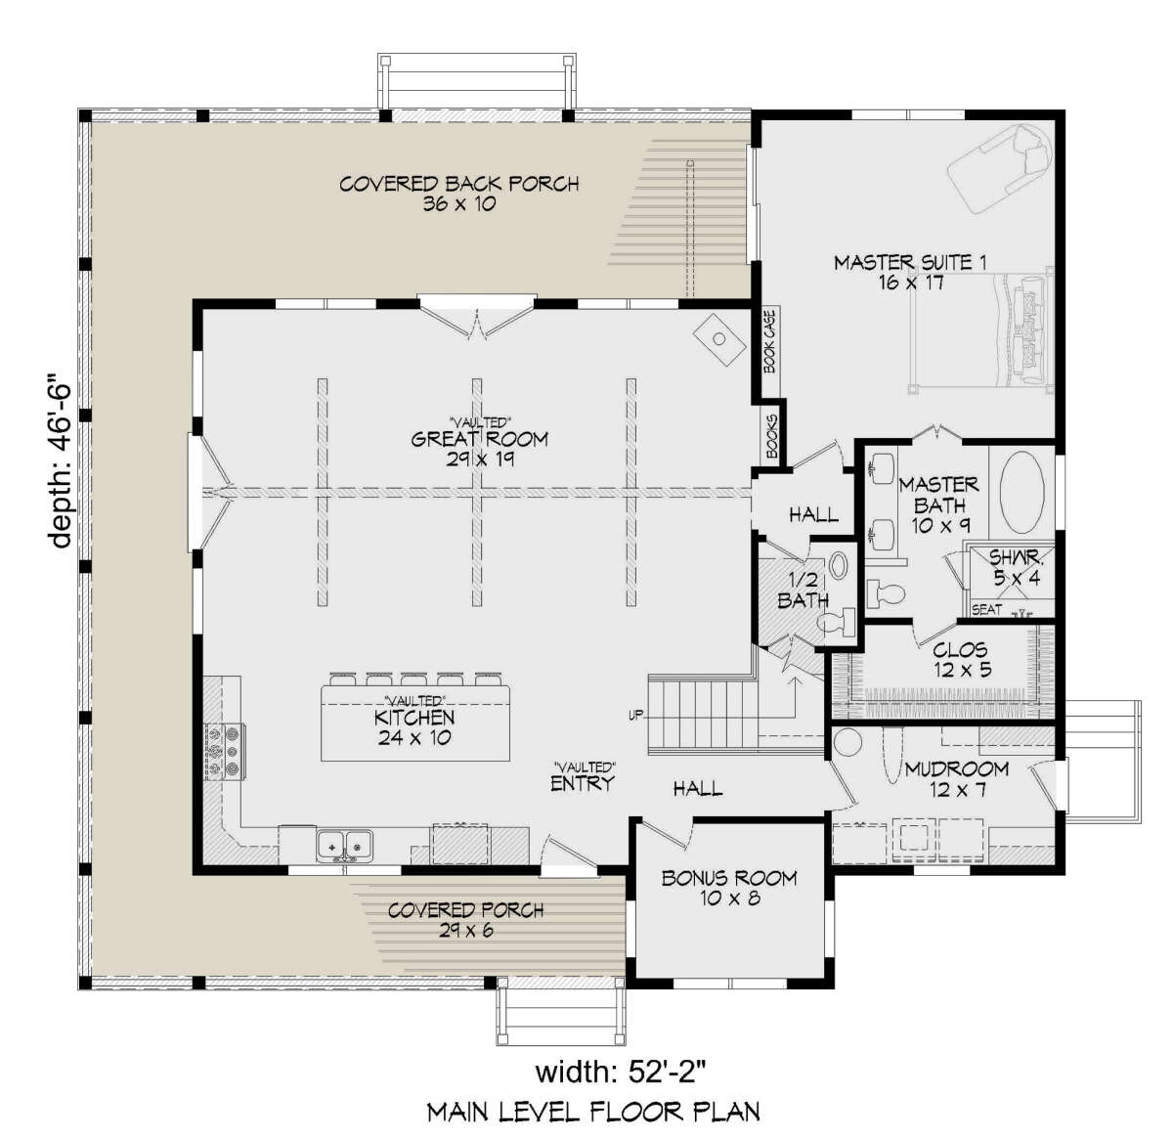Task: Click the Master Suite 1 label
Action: pos(910,272)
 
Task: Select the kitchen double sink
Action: pos(344,846)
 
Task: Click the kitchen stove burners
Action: pos(224,751)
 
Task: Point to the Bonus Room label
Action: pos(729,888)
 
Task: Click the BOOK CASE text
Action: pos(769,340)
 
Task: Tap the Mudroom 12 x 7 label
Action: pos(957,778)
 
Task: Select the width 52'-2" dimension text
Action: pos(621,1073)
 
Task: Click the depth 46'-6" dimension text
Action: pos(62,462)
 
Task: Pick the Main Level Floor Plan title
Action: pos(593,1112)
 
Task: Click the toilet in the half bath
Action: pos(839,623)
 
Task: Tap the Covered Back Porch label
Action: pos(458,193)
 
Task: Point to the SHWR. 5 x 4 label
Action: pos(1017,567)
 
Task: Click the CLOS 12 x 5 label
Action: pos(963,659)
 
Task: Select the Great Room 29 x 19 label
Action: pos(480,449)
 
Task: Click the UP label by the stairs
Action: pos(636,716)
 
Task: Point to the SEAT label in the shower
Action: pos(986,610)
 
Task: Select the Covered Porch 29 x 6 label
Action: pos(466,920)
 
